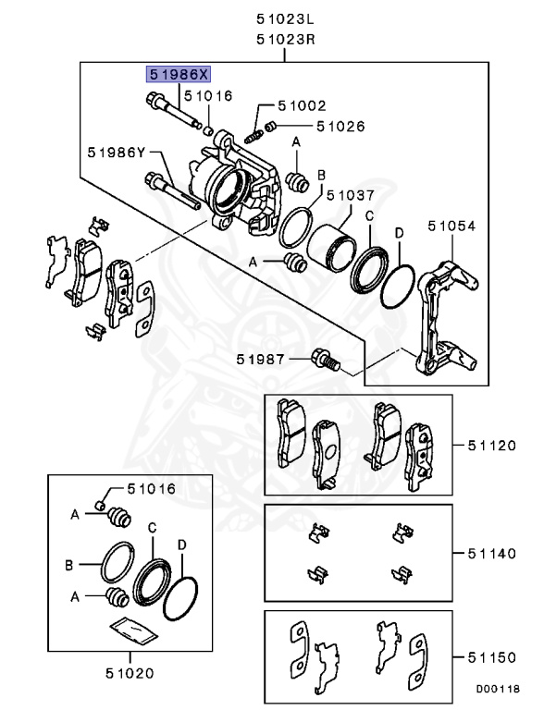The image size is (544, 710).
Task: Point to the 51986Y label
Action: pos(117,153)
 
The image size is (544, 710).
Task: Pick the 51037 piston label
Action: pos(350,196)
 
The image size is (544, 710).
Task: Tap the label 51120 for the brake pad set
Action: pos(489,446)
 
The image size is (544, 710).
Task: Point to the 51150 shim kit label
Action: pos(489,656)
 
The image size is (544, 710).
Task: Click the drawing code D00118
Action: pos(499,690)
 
